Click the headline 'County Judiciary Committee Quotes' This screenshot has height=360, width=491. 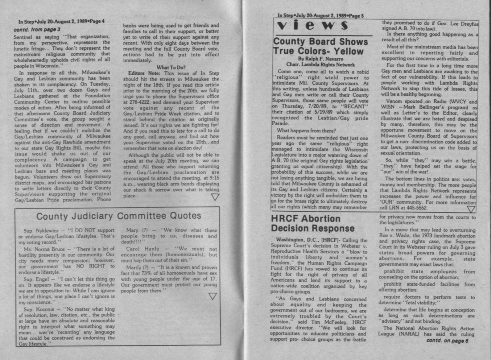pos(119,216)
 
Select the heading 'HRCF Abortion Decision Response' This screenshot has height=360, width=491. pos(312,224)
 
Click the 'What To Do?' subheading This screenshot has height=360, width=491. pos(171,68)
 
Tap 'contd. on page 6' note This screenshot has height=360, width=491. pos(447,341)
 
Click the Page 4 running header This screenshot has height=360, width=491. pos(61,21)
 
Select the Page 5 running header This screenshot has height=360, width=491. pos(320,15)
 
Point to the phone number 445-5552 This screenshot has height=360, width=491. pos(417,208)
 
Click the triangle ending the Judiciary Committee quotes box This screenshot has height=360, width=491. pos(212,296)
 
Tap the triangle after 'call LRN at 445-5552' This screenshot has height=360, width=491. pos(471,209)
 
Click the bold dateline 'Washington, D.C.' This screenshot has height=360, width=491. pos(295,240)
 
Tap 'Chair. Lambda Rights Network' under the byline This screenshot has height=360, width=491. pos(320,65)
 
